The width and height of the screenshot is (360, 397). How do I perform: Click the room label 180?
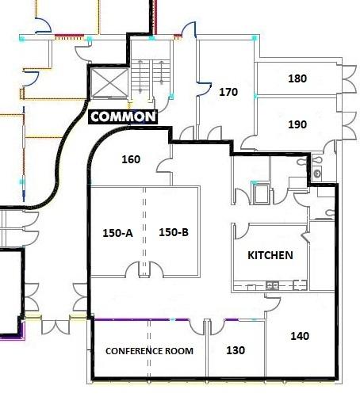coord(297,78)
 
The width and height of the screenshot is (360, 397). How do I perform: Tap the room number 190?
coord(297,124)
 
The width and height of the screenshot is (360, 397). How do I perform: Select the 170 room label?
coord(228,92)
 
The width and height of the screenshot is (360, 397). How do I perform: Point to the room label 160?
coord(131,159)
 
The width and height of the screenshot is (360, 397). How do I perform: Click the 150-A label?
coord(117,233)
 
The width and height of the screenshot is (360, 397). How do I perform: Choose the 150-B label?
coord(174,232)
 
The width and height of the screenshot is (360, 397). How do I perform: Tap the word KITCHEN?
coord(270,255)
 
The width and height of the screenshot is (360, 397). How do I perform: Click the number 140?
coord(300,336)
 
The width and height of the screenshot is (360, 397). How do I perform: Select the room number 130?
coord(236,350)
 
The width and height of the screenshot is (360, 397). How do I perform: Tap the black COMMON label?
coord(123,116)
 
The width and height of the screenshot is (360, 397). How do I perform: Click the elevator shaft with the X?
coord(109,83)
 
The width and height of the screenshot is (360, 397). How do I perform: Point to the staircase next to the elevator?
coord(150,76)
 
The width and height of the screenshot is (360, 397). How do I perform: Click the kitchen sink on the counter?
coord(272,285)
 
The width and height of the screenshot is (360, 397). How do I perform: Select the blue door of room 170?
coord(204,87)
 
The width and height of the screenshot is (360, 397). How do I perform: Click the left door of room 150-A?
coord(132,269)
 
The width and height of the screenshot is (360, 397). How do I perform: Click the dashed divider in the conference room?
coord(149,349)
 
